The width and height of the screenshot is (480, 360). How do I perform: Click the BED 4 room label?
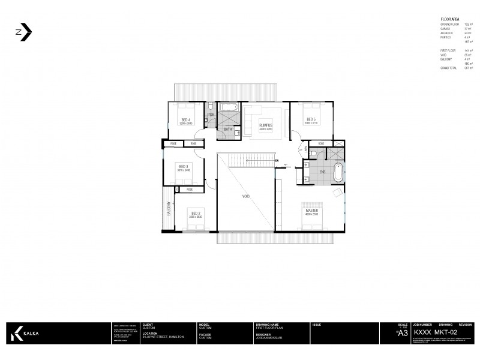pos(185,119)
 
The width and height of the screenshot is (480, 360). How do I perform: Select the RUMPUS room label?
pos(266,125)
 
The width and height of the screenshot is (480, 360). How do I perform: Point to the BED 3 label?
pos(183,166)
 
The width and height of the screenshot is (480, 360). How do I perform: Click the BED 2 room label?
pos(195,212)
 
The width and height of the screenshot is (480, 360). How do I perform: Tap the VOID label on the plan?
pos(246,197)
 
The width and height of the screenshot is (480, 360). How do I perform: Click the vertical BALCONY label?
pos(169,209)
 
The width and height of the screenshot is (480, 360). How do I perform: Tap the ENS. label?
pos(322,172)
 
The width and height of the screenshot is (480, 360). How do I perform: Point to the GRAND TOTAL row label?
pos(449,68)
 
